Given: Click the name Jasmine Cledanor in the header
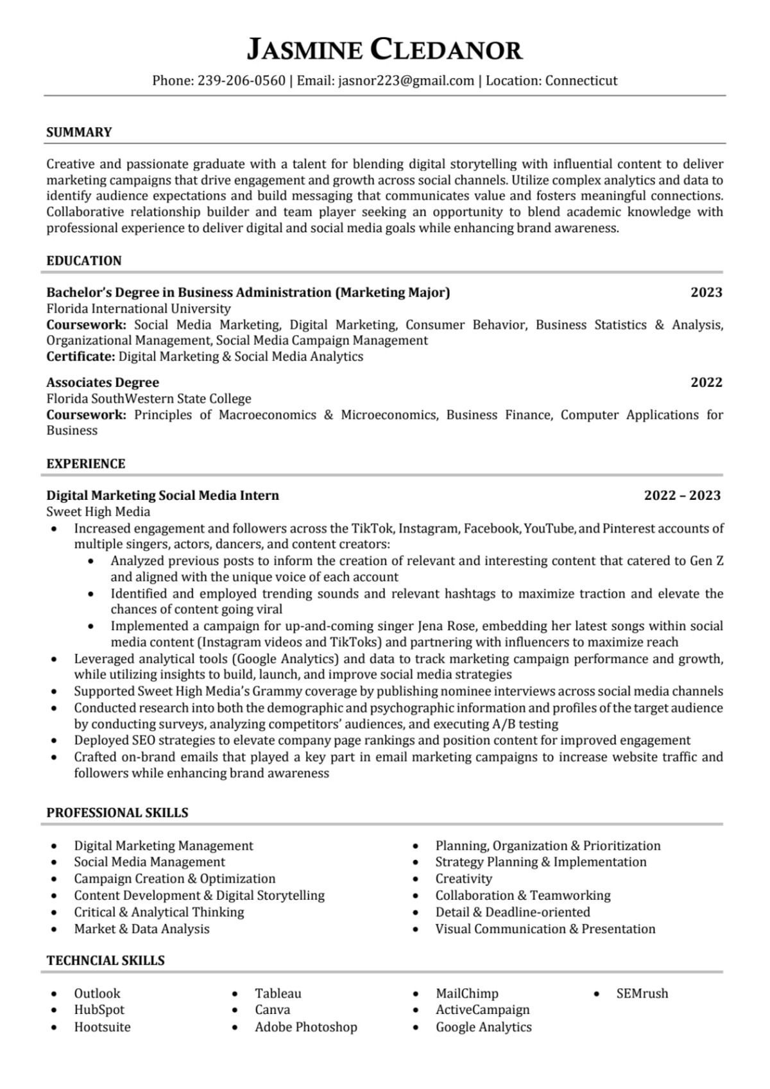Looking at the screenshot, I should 384,49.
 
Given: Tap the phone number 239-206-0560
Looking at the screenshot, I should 241,81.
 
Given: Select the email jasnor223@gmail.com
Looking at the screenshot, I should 406,81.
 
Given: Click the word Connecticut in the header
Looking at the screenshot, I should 581,81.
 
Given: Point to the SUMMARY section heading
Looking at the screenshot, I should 79,132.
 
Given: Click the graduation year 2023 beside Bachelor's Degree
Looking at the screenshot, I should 706,293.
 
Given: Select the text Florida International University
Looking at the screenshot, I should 138,309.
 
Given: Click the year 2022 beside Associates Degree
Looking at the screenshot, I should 706,382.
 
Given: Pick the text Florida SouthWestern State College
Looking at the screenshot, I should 148,399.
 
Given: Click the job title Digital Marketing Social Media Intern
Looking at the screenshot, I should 162,495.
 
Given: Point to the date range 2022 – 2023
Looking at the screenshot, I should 682,495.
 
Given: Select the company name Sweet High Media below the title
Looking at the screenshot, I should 98,512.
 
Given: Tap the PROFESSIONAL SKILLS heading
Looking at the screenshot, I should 117,813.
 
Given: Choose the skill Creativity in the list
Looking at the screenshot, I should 463,879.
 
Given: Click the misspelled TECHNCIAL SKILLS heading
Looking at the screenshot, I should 105,961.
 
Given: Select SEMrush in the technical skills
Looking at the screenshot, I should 642,994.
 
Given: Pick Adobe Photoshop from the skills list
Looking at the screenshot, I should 305,1027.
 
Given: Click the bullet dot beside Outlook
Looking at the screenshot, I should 54,994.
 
